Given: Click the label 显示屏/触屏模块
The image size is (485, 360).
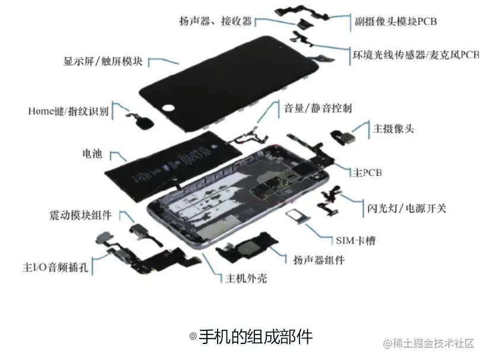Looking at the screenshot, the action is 103,61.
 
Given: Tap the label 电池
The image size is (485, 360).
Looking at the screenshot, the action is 92,154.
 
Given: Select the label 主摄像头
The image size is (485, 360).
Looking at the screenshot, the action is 393,128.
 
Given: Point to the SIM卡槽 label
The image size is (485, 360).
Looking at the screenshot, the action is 356,240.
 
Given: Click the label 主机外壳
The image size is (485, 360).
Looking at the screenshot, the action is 246,278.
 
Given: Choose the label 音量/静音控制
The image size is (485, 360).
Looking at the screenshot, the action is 318,108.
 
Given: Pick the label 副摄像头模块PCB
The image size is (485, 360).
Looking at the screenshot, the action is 395,21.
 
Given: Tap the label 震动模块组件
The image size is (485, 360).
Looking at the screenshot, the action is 81,215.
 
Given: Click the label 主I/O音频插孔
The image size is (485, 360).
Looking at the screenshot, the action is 55,267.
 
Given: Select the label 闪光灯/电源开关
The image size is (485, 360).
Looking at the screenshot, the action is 407,208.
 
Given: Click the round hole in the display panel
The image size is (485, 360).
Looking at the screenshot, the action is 168,108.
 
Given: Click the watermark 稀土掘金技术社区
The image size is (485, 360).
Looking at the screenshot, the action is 429,343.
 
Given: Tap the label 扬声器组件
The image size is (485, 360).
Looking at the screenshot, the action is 319,260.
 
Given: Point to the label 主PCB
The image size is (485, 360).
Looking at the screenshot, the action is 367,172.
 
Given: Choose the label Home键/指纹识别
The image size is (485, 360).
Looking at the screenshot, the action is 68,111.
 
